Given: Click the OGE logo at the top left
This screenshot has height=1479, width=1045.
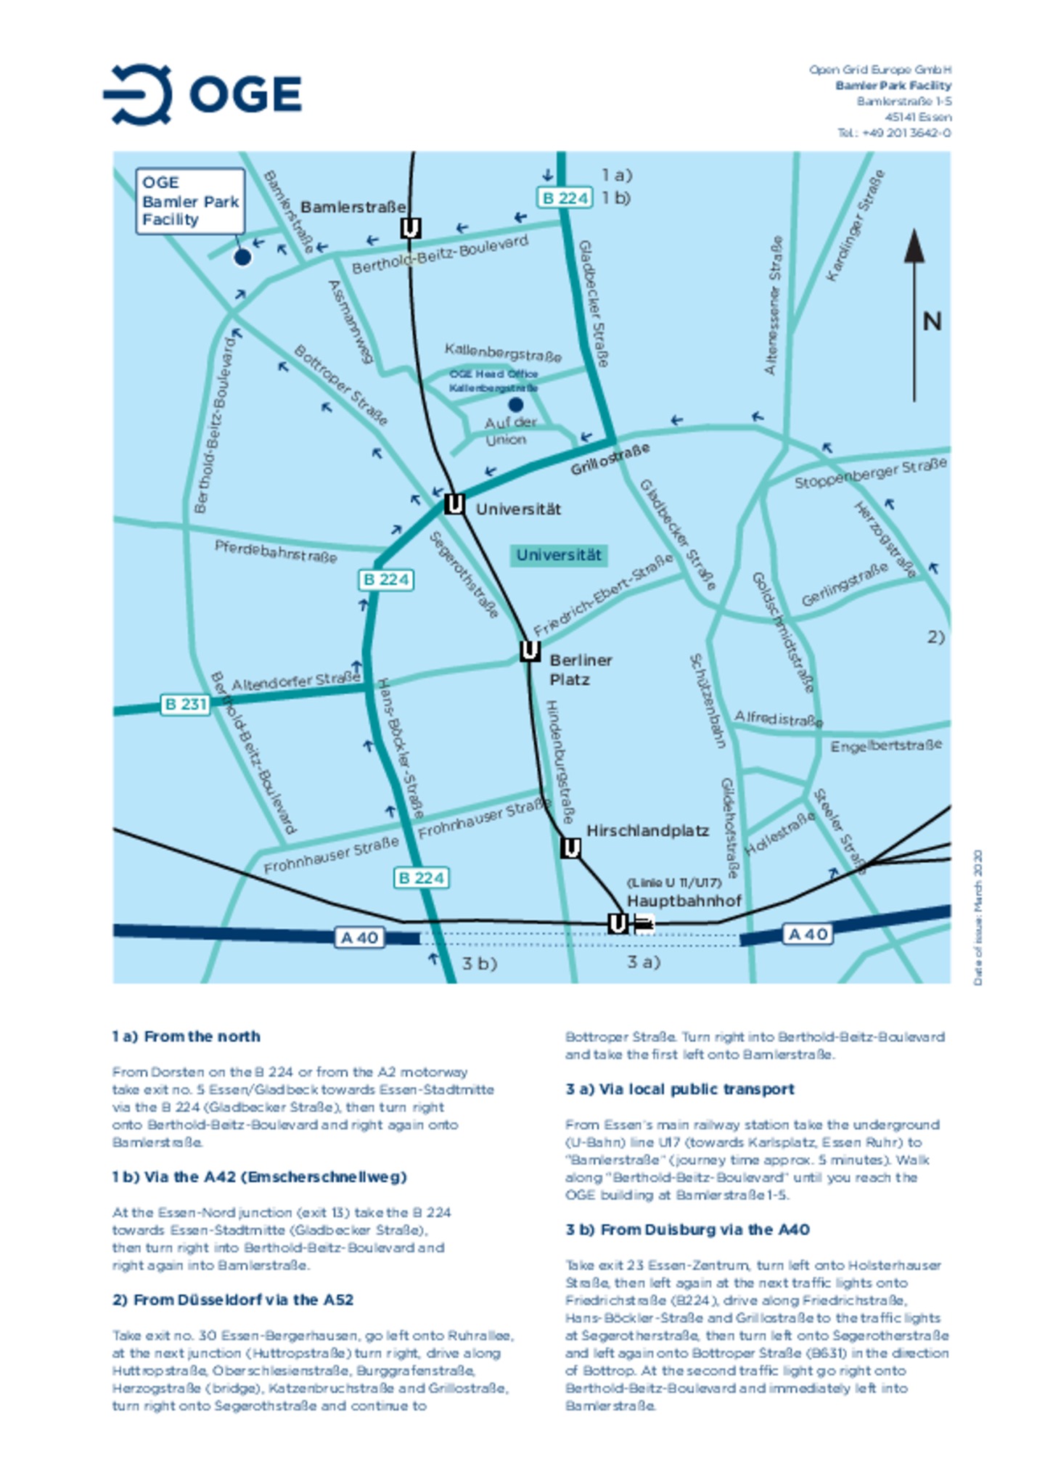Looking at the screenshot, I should (x=202, y=94).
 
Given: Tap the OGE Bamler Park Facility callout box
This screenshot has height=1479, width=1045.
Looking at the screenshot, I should (x=189, y=200).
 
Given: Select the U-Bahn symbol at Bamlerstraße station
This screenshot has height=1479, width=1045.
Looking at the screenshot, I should (x=410, y=229).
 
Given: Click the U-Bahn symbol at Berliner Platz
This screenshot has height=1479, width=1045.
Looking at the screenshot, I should (x=530, y=651).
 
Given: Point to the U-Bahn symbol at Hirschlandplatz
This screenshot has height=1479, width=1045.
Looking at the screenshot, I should (x=570, y=847).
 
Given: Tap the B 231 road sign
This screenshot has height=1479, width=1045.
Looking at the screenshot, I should (x=185, y=704).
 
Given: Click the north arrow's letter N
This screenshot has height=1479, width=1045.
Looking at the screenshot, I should (x=932, y=321).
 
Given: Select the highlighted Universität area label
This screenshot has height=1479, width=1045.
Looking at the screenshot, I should (x=558, y=555).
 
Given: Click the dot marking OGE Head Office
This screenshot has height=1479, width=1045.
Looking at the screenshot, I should (x=515, y=404).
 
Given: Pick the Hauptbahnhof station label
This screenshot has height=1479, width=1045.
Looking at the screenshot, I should (x=684, y=901).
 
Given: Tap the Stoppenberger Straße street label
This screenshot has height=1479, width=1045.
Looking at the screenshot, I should (x=869, y=473).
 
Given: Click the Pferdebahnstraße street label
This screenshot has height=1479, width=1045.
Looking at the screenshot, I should (x=276, y=551).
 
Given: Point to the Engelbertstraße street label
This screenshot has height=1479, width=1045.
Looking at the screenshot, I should (x=885, y=745).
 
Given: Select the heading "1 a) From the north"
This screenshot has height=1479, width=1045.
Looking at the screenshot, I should (x=186, y=1036).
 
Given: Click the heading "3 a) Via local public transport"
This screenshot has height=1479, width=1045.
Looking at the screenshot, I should (x=679, y=1089).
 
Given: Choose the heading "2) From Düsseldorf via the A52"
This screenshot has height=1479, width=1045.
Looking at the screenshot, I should (x=232, y=1299).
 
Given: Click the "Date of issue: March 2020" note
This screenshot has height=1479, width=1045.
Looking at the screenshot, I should (x=978, y=917).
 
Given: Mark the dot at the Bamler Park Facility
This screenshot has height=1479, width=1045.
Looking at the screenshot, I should (x=242, y=256).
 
